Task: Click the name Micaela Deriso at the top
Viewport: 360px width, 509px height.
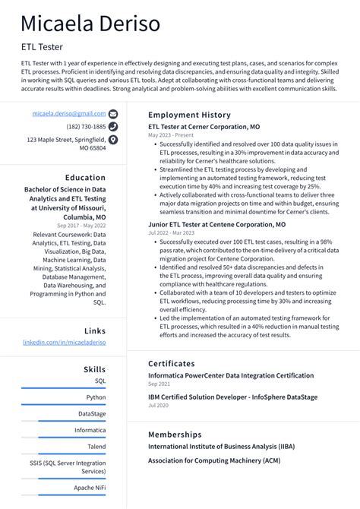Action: (90, 24)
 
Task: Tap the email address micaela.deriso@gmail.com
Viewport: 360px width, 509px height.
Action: (68, 113)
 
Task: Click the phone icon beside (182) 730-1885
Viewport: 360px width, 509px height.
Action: (113, 127)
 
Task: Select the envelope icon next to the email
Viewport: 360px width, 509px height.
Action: (113, 113)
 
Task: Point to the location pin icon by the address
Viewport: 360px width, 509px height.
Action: (113, 140)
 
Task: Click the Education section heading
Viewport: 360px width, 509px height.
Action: (85, 178)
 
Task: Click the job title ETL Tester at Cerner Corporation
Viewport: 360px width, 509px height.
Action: (204, 127)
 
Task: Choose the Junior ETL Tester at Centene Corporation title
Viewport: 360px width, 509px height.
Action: (216, 225)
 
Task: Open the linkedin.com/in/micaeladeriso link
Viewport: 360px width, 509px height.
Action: (65, 343)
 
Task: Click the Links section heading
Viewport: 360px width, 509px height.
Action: (95, 330)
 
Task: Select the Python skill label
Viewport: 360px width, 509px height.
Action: (96, 397)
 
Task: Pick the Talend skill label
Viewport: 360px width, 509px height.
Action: (96, 447)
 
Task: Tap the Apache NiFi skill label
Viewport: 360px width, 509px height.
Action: (90, 487)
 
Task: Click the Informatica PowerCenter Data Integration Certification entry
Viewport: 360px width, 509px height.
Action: (231, 375)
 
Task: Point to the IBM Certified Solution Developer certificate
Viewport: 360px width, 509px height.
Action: (232, 397)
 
